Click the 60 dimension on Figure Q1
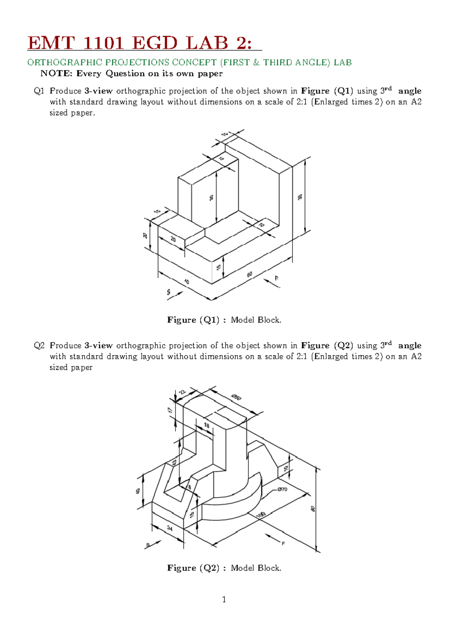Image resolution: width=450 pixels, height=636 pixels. pyautogui.click(x=250, y=274)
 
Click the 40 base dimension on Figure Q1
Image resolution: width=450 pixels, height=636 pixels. pyautogui.click(x=186, y=282)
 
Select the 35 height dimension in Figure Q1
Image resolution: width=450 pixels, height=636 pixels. pyautogui.click(x=300, y=197)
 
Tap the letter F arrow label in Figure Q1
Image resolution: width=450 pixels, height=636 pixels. pyautogui.click(x=277, y=278)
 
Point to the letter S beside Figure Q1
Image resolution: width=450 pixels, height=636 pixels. pyautogui.click(x=169, y=292)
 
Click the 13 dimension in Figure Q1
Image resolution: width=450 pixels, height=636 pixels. pyautogui.click(x=157, y=211)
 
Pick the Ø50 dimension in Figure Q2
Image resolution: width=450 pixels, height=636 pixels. pyautogui.click(x=236, y=397)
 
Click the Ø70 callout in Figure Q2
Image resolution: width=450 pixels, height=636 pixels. pyautogui.click(x=282, y=489)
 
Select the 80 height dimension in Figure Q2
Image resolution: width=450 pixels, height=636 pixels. pyautogui.click(x=313, y=509)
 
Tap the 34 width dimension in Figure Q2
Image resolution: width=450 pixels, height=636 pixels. pyautogui.click(x=170, y=528)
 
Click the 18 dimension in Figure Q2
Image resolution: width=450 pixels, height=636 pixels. pyautogui.click(x=207, y=425)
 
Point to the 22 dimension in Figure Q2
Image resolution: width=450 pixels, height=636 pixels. pyautogui.click(x=182, y=392)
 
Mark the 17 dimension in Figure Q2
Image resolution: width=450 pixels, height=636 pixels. pyautogui.click(x=170, y=410)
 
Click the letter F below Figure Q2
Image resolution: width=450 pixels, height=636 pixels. pyautogui.click(x=283, y=543)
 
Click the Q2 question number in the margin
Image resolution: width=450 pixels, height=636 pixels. pyautogui.click(x=39, y=345)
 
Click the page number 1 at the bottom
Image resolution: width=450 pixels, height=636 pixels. pyautogui.click(x=224, y=600)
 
